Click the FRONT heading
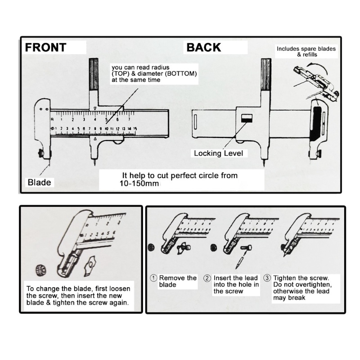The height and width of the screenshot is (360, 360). click(45, 47)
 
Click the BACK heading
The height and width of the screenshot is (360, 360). click(203, 47)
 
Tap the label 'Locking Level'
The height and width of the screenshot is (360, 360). click(218, 153)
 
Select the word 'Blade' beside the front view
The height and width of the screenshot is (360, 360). click(39, 183)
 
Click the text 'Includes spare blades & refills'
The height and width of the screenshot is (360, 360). click(306, 51)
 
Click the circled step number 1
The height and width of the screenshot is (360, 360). click(153, 278)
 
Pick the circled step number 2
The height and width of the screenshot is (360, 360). click(208, 278)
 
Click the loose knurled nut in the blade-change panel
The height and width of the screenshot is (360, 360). click(39, 271)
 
